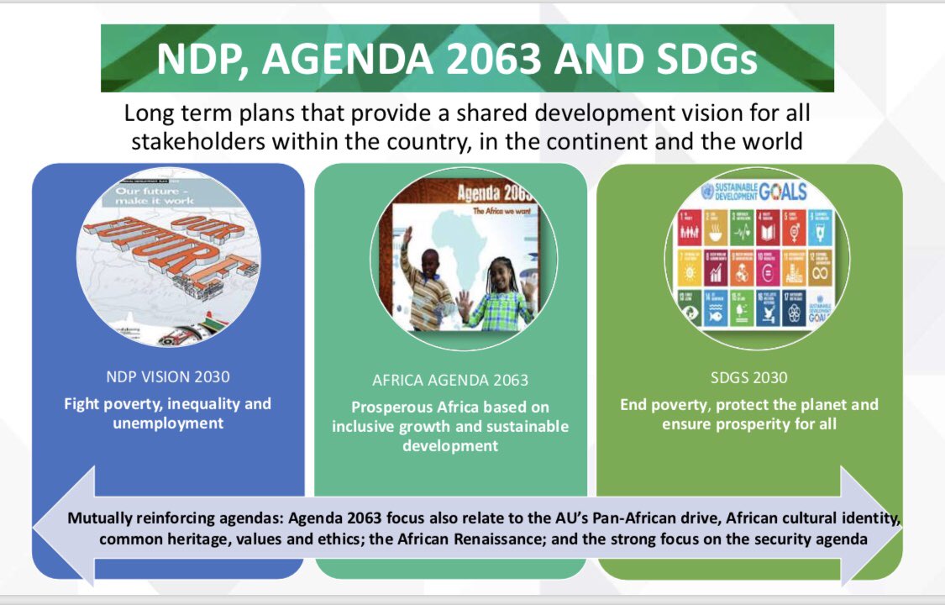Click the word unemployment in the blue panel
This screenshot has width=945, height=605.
[168, 423]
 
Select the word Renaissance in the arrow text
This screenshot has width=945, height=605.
[596, 539]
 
